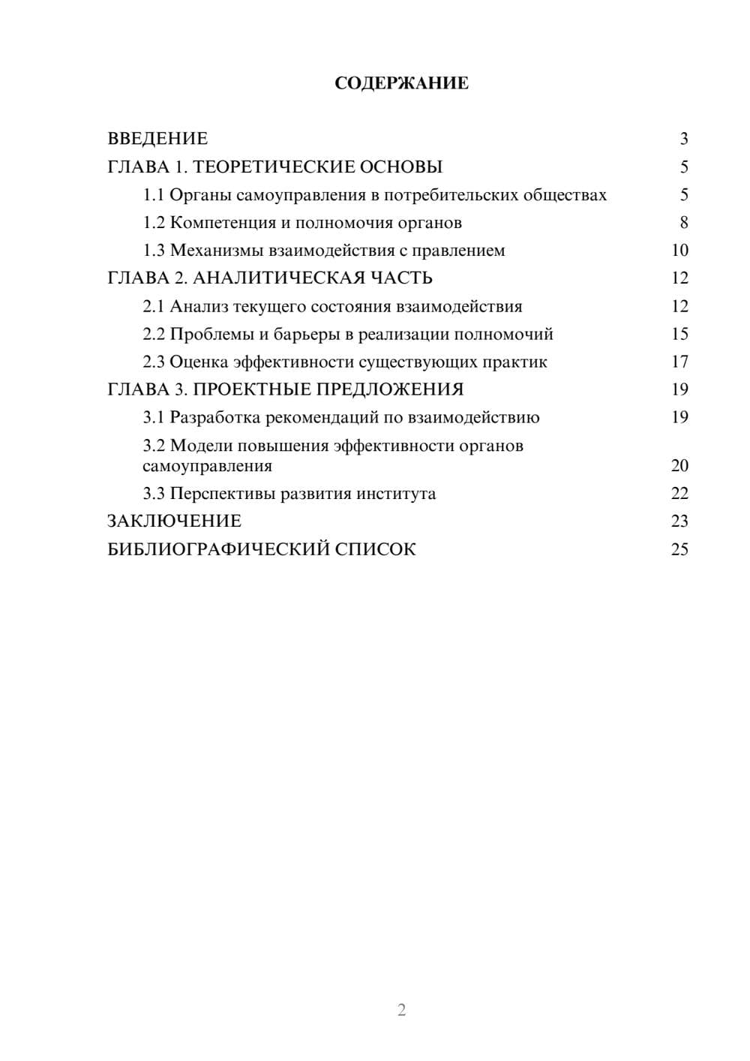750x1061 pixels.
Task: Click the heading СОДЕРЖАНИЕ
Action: point(401,83)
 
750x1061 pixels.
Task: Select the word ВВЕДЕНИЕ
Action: point(157,139)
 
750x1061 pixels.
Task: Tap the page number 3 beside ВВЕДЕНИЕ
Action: point(683,139)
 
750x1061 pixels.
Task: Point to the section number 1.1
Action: point(154,195)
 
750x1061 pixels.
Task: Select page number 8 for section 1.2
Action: point(683,223)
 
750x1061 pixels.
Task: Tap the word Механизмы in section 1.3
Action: point(216,251)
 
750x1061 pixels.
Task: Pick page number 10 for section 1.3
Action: point(679,251)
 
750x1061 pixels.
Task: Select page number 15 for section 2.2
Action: point(679,334)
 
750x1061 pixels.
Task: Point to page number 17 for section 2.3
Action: point(679,362)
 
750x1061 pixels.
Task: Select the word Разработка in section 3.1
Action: point(214,417)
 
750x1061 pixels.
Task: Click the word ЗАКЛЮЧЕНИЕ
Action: point(174,521)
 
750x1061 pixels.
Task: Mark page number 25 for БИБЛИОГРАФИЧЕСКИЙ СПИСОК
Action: point(679,549)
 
